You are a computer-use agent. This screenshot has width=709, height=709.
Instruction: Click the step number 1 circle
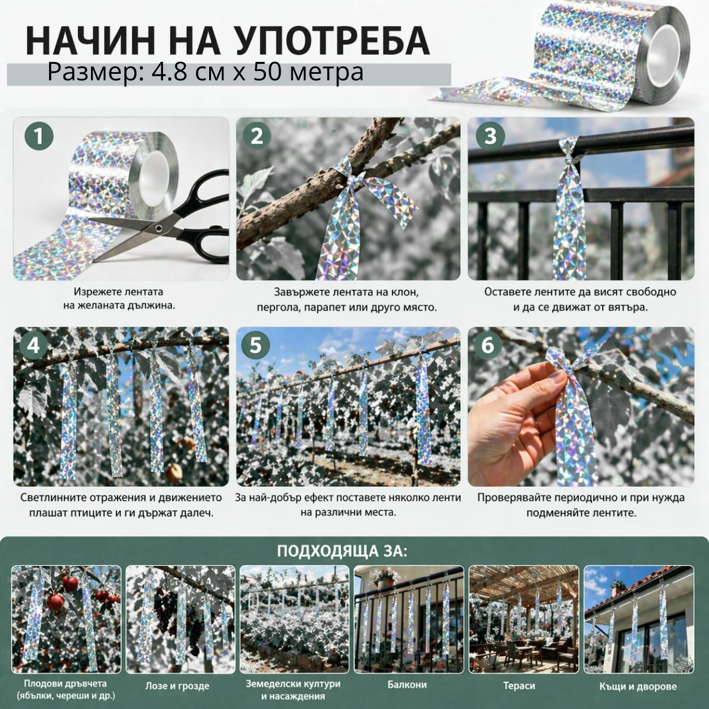coord(38,137)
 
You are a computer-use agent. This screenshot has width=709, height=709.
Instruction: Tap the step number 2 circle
coord(256,137)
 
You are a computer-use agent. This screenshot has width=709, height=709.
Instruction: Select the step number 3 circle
coord(490,136)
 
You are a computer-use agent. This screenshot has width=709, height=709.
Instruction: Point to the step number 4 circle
coord(33,346)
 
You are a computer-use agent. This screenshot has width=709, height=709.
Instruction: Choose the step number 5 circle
coord(255,346)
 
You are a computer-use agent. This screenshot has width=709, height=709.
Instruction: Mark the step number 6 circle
coord(487,346)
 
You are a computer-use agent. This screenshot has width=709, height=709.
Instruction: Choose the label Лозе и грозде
coord(177,686)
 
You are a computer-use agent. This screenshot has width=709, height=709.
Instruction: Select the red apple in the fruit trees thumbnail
coord(56,602)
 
